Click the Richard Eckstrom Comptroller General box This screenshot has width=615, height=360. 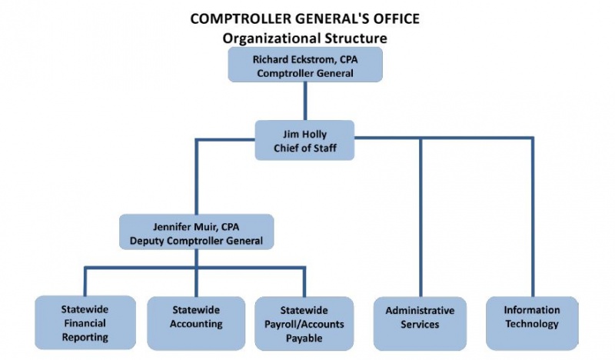[305, 65]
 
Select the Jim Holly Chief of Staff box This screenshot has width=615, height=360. [304, 140]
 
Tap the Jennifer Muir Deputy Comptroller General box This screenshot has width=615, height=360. [196, 232]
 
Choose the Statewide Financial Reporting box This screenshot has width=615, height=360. [85, 323]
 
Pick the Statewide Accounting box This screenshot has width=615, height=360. [196, 323]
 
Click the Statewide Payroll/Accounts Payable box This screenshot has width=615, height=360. [304, 324]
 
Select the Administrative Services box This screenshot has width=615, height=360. [420, 324]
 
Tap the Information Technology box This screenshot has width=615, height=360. [532, 323]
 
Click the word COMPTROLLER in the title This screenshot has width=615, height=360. [240, 18]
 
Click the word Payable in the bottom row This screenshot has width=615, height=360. [304, 338]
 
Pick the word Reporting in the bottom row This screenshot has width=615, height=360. [85, 337]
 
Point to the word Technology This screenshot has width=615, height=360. [532, 324]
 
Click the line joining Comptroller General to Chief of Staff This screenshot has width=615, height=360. [305, 102]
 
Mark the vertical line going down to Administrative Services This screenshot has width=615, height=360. [421, 217]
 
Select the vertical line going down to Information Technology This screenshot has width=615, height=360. [533, 217]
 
